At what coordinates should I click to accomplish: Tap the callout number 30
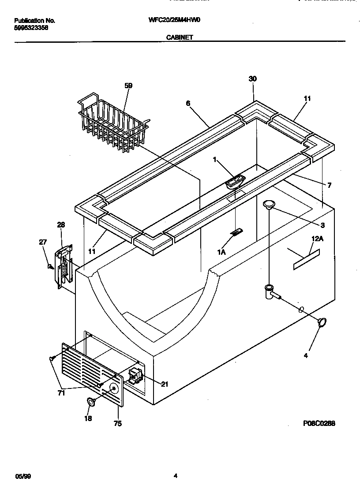252,79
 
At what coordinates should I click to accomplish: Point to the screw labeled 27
51,266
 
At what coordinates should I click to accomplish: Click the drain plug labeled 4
323,322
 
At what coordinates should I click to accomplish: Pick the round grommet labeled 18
91,402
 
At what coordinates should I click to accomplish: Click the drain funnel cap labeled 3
269,203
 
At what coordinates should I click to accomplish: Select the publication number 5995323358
31,27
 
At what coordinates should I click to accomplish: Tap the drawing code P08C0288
319,423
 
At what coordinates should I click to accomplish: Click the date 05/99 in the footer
23,476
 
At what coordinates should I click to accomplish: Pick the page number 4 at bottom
176,476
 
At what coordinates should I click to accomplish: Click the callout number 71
62,393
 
